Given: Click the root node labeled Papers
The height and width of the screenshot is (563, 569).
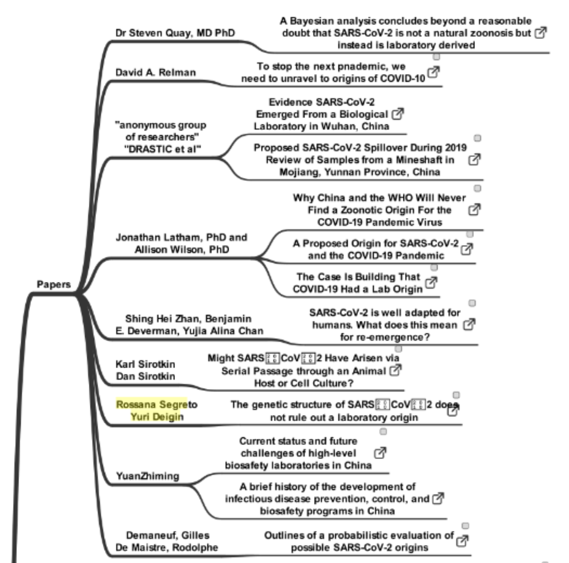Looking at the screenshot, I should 53,284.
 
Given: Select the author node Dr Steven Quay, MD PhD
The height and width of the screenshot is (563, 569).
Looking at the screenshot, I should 175,33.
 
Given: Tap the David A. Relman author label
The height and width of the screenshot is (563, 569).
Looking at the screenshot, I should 156,72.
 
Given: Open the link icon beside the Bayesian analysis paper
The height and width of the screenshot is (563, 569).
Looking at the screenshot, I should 540,33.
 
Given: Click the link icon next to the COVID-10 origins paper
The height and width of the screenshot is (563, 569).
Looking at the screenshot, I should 433,72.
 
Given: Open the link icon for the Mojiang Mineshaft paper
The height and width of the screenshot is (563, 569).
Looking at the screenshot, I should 474,160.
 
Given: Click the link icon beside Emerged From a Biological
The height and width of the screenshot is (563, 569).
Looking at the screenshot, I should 397,114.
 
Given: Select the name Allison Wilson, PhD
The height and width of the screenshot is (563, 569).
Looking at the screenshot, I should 182,250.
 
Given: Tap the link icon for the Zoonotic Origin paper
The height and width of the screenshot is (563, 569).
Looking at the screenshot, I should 474,210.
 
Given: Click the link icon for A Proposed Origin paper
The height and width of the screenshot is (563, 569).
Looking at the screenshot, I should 467,249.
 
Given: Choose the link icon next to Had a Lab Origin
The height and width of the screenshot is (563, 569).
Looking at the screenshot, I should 430,283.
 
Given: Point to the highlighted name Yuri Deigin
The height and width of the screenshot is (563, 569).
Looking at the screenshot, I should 157,417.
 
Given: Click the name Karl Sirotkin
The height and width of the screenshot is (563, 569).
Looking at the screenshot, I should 145,364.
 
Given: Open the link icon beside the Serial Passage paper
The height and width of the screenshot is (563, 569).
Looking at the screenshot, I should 395,370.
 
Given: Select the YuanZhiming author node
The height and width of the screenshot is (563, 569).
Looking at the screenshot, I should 147,476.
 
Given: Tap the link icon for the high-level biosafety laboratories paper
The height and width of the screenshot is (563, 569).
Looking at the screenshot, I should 380,453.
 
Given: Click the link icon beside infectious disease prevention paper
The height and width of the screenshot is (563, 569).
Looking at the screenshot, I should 438,499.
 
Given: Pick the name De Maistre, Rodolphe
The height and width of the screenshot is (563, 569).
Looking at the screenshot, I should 167,548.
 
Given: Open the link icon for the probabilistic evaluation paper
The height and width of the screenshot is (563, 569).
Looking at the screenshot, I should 462,541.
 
